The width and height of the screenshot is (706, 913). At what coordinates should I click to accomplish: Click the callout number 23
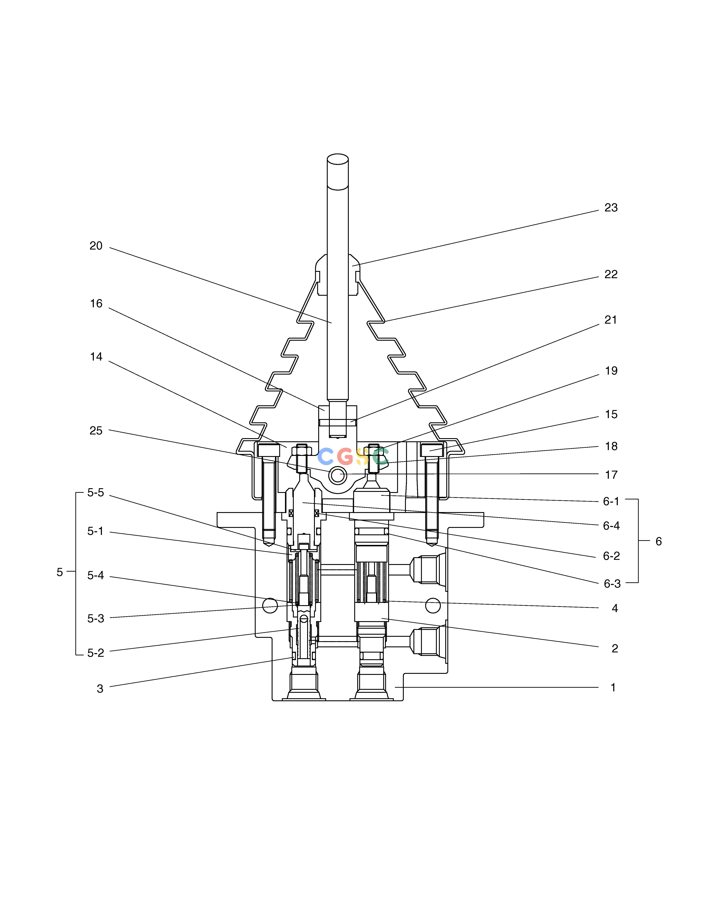(611, 208)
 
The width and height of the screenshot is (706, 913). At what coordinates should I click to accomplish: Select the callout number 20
(96, 246)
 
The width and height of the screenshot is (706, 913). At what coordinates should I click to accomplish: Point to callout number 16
(96, 303)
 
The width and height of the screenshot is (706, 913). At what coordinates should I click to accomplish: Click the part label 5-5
(95, 493)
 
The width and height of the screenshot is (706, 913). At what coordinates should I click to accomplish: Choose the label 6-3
(612, 584)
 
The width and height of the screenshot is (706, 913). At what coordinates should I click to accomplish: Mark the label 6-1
(611, 501)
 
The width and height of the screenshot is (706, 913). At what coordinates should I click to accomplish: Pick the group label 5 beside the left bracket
(60, 572)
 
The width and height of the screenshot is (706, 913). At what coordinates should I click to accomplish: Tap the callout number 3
(100, 689)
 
